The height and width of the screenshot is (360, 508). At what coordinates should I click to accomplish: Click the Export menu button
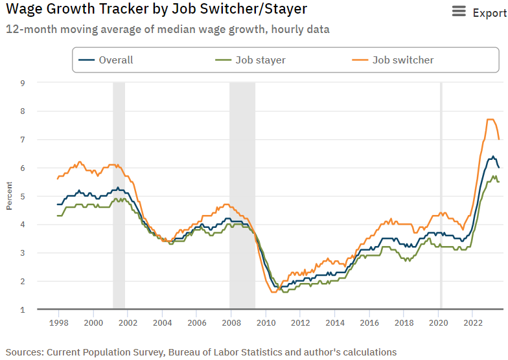pos(479,12)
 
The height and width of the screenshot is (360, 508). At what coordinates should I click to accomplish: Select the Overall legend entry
pos(115,60)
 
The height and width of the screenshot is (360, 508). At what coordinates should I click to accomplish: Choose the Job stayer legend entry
pos(260,60)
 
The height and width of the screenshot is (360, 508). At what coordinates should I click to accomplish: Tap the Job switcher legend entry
pos(402,60)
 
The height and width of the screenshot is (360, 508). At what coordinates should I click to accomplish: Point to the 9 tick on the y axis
pos(22,83)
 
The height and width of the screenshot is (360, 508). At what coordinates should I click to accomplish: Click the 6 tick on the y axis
pos(22,168)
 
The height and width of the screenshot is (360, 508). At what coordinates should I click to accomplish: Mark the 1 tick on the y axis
pos(22,309)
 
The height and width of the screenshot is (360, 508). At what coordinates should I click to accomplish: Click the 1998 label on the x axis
pos(59,322)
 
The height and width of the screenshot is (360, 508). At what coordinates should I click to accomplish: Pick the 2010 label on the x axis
pos(266,322)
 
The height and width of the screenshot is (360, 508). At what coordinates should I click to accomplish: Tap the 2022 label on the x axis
pos(472,322)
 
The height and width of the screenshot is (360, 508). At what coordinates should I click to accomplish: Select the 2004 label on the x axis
pos(162,322)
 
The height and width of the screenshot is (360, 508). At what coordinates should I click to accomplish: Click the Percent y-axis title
pos(9,196)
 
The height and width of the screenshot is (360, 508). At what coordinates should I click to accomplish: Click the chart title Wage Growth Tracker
pos(156,10)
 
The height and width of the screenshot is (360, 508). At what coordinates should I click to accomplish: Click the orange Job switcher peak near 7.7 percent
pos(490,120)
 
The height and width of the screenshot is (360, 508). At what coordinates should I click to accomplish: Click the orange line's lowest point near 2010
pos(273,292)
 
